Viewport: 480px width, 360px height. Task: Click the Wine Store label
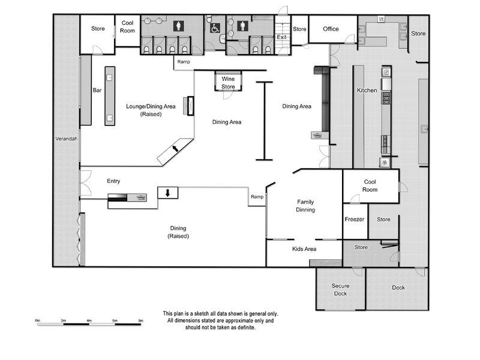(228, 83)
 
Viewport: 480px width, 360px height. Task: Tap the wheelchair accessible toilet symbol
(215, 27)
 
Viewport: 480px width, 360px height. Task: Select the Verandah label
(66, 139)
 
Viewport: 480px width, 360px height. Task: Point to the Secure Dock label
(340, 289)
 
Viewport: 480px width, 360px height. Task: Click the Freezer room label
(354, 220)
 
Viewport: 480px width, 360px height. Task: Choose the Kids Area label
(304, 248)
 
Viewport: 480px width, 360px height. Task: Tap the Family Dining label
(305, 206)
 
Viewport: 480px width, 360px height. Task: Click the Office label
(331, 29)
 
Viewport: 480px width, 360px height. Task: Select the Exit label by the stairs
(281, 37)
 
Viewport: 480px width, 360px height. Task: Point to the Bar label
(97, 91)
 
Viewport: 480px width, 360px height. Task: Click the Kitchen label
(367, 91)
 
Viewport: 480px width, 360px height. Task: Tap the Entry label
(113, 181)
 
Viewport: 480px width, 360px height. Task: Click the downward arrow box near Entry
(168, 193)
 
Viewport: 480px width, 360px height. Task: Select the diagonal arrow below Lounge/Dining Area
(175, 148)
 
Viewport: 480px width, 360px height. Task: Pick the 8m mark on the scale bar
(141, 321)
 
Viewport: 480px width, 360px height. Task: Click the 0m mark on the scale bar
(38, 321)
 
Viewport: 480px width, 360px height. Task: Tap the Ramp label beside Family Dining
(257, 197)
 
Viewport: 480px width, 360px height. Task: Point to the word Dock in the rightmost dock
(398, 287)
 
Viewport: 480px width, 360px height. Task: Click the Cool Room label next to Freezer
(370, 185)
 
